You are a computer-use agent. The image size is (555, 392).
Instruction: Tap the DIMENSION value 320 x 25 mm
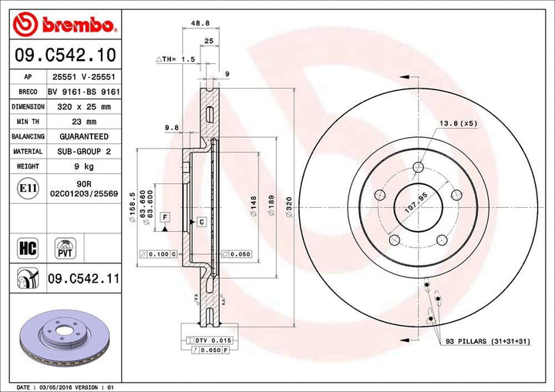(84, 107)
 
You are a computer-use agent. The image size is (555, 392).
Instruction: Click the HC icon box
(26, 247)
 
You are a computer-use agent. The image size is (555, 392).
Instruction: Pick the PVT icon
(66, 247)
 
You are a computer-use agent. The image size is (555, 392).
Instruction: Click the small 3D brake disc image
(66, 338)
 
